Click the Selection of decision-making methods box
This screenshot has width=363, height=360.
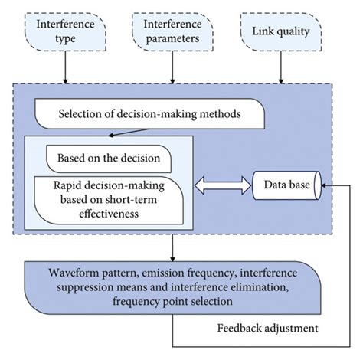pos(150,116)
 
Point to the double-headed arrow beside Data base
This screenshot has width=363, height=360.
pos(224,185)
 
